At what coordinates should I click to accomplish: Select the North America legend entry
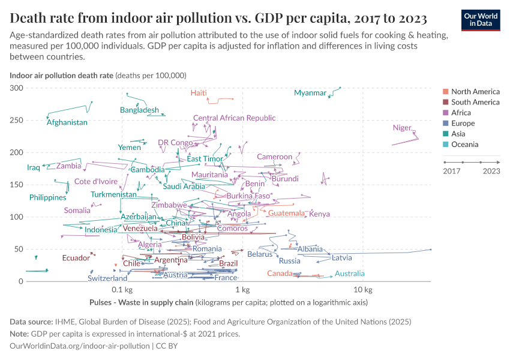[475, 92]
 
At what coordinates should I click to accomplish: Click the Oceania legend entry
[465, 145]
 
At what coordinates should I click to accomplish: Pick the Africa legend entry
[461, 113]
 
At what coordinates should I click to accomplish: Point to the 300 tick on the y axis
[17, 88]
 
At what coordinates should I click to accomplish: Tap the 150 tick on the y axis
[17, 185]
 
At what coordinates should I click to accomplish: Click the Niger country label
[402, 128]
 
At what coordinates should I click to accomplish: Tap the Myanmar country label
[310, 93]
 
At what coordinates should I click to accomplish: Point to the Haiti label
[199, 93]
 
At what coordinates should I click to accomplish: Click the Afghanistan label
[67, 122]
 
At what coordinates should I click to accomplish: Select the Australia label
[349, 274]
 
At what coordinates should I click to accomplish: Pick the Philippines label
[47, 197]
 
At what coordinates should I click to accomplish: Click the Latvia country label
[341, 258]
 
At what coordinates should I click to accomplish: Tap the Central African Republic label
[234, 118]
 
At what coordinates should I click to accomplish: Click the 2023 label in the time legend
[491, 171]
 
